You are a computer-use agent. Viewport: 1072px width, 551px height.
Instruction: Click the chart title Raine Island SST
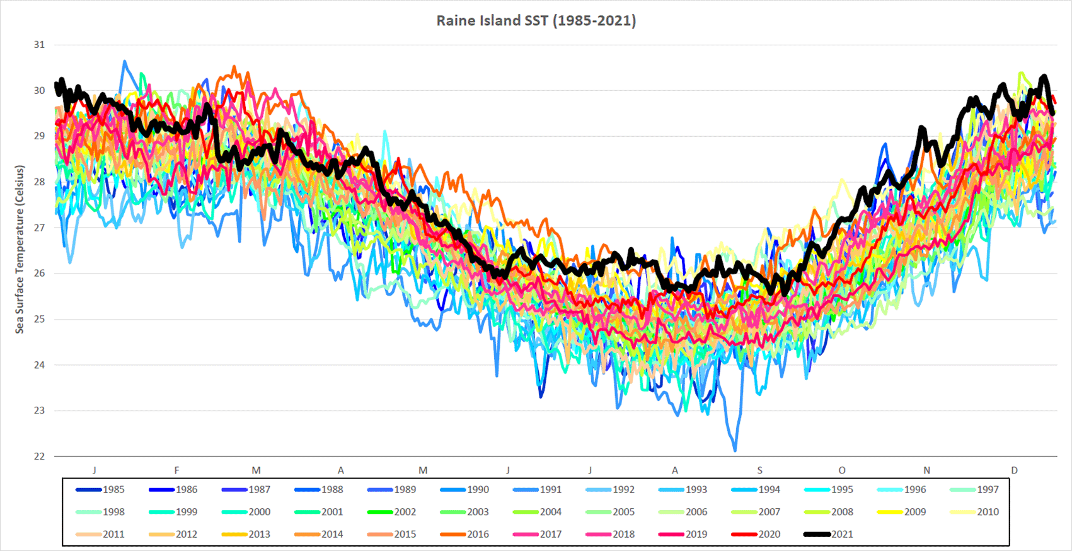tap(536, 20)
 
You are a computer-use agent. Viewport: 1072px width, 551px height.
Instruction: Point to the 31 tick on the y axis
tap(40, 45)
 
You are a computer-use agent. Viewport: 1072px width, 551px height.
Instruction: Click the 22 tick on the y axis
tap(40, 456)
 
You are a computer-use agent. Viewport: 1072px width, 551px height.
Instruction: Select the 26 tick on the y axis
tap(40, 274)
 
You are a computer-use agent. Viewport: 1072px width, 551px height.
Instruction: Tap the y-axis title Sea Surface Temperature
tap(20, 249)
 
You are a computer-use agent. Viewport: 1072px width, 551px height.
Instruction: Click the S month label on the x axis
tap(759, 470)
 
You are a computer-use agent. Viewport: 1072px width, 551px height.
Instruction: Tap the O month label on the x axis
tap(842, 470)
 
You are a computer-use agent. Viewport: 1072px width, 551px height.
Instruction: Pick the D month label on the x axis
tap(1014, 470)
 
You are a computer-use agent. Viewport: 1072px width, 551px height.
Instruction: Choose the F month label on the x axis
tap(176, 470)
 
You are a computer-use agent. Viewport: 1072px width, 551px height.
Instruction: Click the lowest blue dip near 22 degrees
tap(735, 450)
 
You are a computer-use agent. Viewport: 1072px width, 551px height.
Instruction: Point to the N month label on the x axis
tap(926, 470)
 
